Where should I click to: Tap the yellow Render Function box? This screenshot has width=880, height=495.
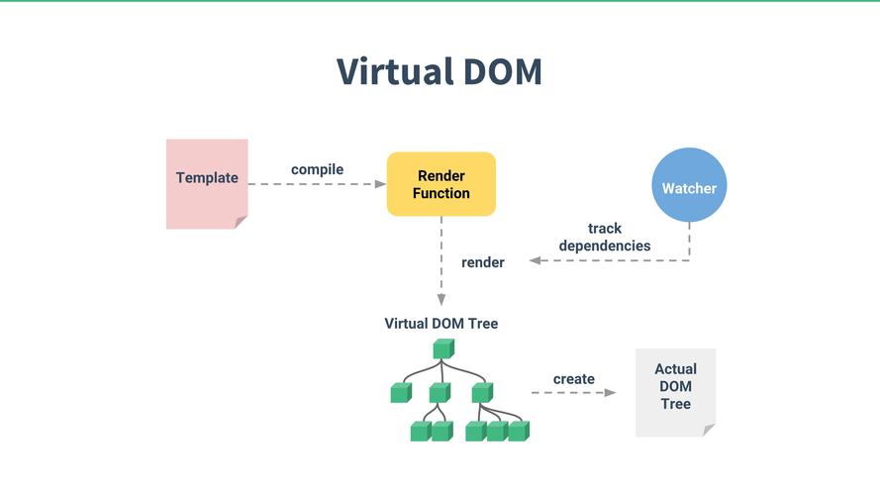click(440, 184)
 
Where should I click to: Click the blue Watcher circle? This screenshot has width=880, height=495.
click(689, 187)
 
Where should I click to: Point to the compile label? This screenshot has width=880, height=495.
click(317, 169)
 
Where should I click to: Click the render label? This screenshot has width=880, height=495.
click(483, 262)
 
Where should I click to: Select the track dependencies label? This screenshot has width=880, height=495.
click(605, 237)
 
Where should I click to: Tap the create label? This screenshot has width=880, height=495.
click(574, 379)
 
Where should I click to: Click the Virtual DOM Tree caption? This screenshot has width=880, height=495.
click(441, 324)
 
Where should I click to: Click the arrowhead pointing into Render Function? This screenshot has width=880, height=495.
click(380, 184)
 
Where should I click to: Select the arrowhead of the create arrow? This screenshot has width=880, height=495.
click(610, 393)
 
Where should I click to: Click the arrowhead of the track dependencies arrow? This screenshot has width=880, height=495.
click(535, 260)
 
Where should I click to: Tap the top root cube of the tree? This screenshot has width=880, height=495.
click(442, 348)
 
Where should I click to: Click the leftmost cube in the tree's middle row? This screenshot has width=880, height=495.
click(400, 393)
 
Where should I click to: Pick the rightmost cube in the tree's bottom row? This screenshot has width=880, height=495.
click(519, 431)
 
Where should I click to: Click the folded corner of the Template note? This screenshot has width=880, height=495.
click(241, 223)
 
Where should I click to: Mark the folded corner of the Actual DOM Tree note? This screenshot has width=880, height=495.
click(709, 430)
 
